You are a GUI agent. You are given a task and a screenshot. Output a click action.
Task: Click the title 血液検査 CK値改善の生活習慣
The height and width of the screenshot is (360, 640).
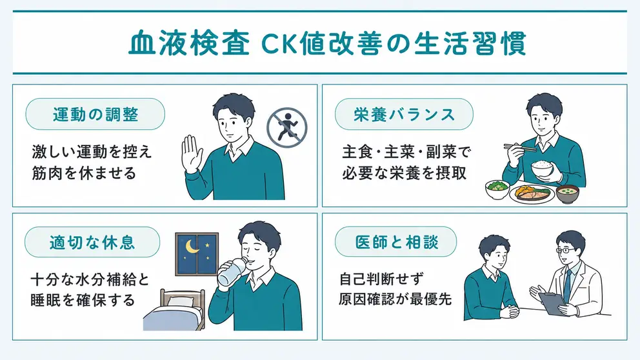point(327,43)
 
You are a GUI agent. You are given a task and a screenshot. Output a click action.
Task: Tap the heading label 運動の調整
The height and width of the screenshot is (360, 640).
point(95,114)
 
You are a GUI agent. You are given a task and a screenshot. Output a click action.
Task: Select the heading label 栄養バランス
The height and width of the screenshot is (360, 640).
point(404,114)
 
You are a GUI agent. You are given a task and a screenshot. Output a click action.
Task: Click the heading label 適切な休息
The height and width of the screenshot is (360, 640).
point(92,242)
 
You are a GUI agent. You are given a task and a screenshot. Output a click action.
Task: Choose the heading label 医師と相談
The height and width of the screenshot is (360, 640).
point(396,242)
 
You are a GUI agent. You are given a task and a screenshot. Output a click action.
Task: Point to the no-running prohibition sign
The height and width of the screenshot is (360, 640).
point(287,127)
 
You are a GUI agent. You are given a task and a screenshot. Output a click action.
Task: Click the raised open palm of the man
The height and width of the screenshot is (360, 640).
point(192,153)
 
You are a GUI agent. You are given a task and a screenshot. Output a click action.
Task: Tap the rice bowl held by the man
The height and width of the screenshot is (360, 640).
point(542,168)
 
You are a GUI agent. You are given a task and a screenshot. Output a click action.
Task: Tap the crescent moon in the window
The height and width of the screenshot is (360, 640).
point(192,246)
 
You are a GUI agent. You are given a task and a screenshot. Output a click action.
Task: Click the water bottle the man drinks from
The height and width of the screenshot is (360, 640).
point(232,271)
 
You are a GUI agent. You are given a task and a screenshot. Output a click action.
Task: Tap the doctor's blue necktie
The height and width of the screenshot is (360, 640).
point(567,285)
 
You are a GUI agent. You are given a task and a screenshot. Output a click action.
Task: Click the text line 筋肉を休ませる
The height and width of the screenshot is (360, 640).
point(84,173)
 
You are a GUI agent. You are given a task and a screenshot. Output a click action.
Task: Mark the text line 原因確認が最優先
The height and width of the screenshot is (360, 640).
point(395,299)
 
